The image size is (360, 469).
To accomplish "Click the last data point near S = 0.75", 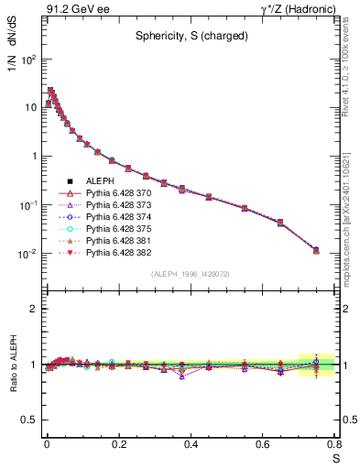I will [316, 249].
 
